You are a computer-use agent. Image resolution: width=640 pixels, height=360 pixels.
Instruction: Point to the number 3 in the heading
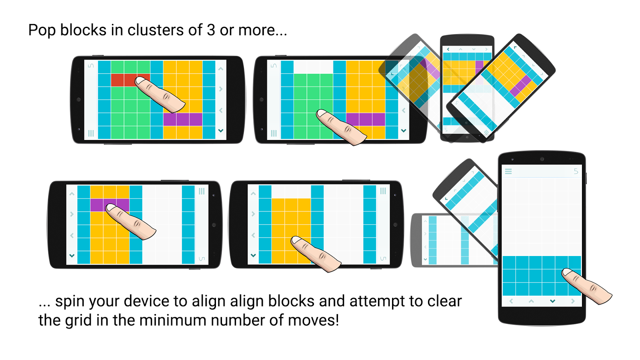pyautogui.click(x=210, y=30)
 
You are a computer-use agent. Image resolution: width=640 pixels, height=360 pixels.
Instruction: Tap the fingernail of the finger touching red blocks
pyautogui.click(x=140, y=81)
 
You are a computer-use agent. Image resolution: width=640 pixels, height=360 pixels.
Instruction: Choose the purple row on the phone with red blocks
pyautogui.click(x=182, y=119)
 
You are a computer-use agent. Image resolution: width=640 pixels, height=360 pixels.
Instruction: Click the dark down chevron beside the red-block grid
pyautogui.click(x=221, y=130)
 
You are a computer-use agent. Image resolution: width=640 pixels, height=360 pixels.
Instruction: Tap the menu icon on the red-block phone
pyautogui.click(x=91, y=133)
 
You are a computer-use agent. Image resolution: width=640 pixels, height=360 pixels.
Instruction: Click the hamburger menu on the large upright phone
pyautogui.click(x=508, y=171)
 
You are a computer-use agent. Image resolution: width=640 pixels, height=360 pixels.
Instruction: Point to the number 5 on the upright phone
pyautogui.click(x=576, y=171)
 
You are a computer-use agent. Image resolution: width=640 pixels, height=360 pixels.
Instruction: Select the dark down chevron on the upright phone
pyautogui.click(x=552, y=301)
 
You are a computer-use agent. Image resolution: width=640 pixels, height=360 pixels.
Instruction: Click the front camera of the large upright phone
pyautogui.click(x=542, y=159)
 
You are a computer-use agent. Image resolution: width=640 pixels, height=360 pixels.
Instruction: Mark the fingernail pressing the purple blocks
pyautogui.click(x=111, y=207)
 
